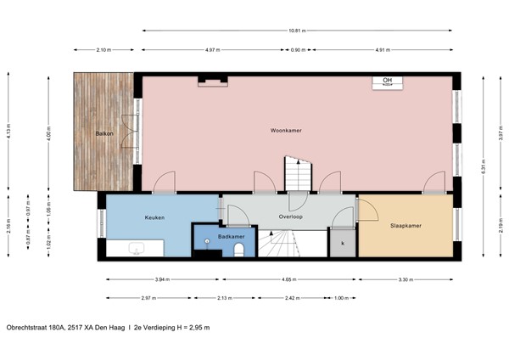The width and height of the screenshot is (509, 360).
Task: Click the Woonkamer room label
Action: tap(287, 131)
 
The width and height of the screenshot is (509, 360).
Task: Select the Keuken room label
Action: tap(154, 218)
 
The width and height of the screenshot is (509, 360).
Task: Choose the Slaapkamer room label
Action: tap(406, 226)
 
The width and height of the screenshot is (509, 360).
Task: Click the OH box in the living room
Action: tap(388, 81)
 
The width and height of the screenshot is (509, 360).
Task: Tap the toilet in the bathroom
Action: tap(239, 249)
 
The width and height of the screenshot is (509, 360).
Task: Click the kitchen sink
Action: tap(137, 248)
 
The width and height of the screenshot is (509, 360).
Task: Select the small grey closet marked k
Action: tap(343, 243)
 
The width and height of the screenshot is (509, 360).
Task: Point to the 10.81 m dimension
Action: tap(296, 31)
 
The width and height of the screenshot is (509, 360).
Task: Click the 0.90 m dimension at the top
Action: tap(297, 50)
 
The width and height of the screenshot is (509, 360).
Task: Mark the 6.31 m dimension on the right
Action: tap(484, 166)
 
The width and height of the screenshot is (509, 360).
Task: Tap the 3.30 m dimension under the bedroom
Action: tap(406, 279)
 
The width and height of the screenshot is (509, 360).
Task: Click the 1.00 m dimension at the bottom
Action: tap(341, 298)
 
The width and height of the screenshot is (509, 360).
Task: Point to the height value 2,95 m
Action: tap(197, 327)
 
